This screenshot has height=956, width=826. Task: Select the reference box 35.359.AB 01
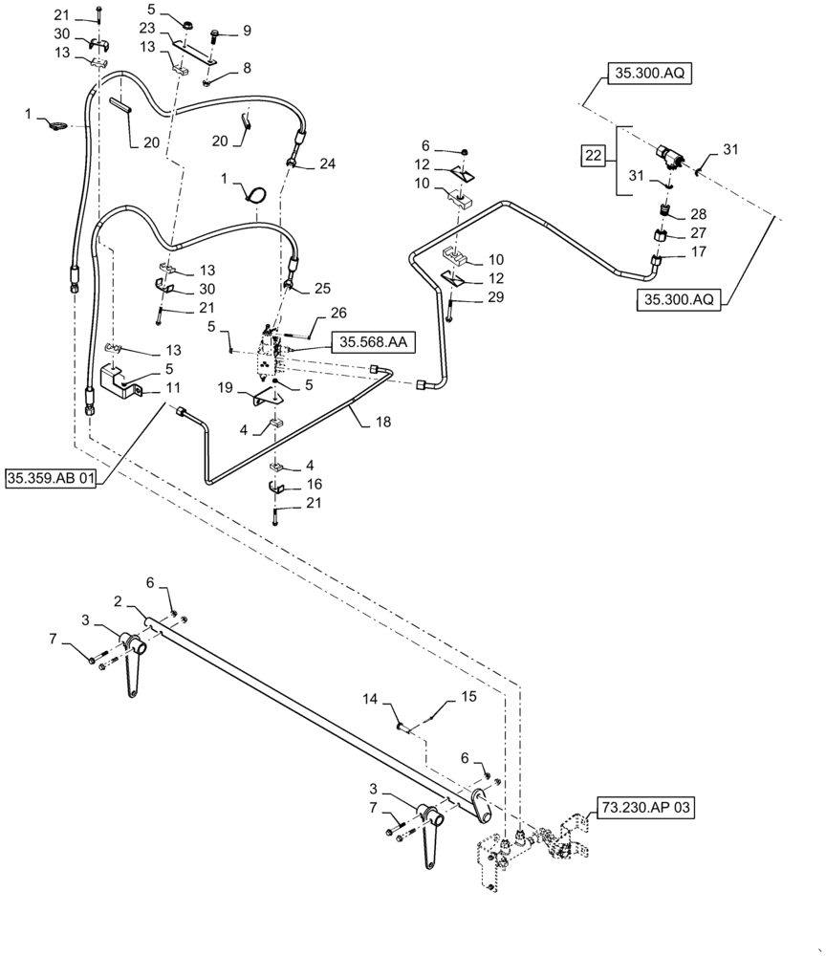(53, 478)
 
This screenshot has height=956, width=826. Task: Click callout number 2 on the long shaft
(118, 601)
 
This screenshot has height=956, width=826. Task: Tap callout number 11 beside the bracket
(173, 390)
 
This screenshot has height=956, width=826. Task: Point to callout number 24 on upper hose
(328, 163)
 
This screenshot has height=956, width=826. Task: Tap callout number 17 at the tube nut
(698, 251)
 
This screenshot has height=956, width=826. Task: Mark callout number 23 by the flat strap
(145, 29)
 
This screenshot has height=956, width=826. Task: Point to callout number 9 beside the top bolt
(247, 31)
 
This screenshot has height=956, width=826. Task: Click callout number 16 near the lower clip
(315, 486)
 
